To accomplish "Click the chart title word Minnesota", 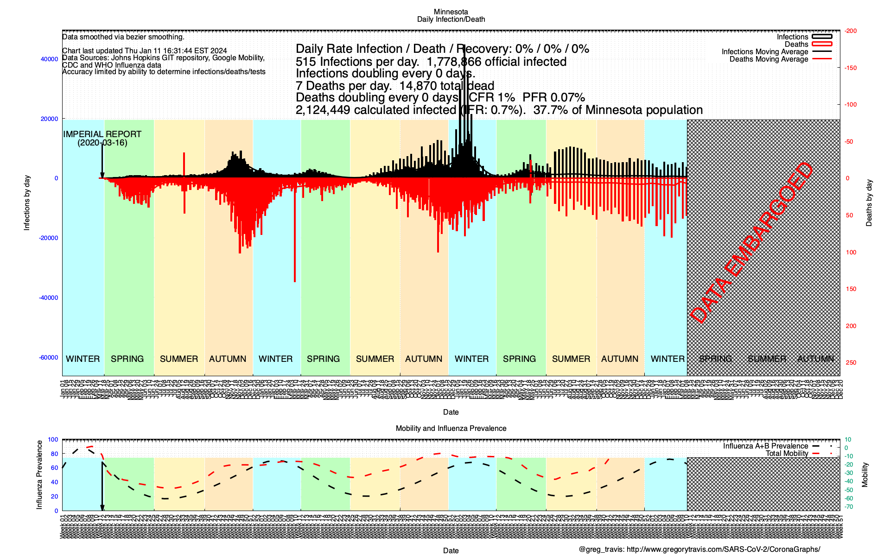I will [x=451, y=12].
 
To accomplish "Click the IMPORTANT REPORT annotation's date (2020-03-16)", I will [x=102, y=143].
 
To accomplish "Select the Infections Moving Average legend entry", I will [x=764, y=52].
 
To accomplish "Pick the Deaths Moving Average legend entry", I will [x=769, y=59].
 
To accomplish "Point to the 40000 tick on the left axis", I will [x=50, y=59].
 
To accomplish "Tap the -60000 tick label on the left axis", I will [x=49, y=358].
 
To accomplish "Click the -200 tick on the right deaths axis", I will [x=851, y=31].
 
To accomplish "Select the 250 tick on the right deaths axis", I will [x=851, y=363].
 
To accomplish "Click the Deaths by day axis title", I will [x=869, y=203].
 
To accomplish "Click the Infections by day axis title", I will [x=27, y=203].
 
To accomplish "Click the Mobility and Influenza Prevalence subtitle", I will [x=451, y=429].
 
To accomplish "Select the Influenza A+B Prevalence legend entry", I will [x=765, y=446].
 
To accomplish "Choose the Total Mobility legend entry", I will [x=787, y=454].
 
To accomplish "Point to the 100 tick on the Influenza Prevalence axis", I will [x=53, y=440].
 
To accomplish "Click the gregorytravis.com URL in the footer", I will [x=723, y=550].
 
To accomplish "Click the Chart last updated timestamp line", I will [x=145, y=51].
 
